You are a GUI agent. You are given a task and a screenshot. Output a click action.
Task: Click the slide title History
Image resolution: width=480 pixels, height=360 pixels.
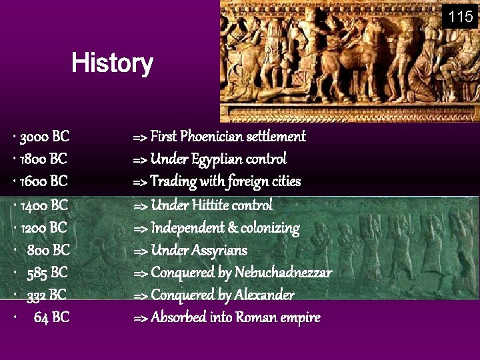click(112, 64)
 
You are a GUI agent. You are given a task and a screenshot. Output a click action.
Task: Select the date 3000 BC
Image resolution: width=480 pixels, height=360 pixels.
click(45, 137)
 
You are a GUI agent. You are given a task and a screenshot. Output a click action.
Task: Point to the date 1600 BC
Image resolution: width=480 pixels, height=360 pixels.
click(44, 181)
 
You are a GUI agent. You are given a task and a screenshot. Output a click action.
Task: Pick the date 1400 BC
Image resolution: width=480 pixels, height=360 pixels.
click(44, 205)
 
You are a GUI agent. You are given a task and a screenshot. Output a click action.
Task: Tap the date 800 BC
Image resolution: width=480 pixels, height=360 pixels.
click(49, 251)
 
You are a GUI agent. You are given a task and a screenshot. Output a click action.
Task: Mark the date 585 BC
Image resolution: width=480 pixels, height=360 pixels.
click(47, 273)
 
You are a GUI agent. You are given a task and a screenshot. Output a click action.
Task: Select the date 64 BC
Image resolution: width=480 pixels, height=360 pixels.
click(51, 317)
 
